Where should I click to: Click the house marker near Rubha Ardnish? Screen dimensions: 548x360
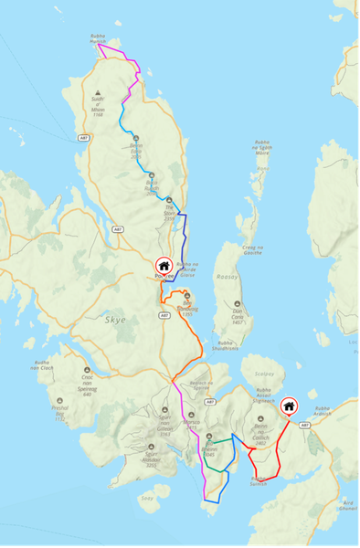point(289,406)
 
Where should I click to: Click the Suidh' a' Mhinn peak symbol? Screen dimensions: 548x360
point(97,92)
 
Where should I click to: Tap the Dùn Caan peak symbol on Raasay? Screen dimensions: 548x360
point(238,305)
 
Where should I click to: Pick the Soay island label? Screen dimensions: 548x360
point(148,499)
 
